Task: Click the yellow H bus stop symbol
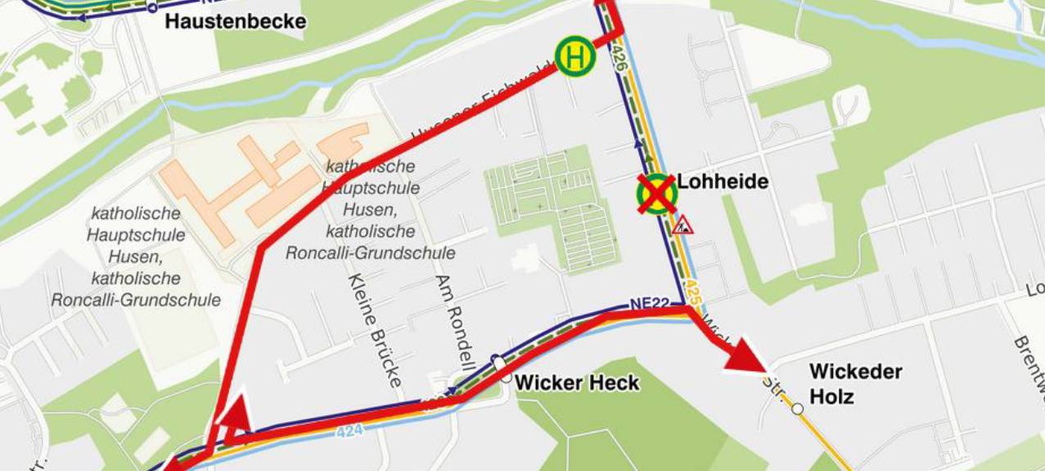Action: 575,57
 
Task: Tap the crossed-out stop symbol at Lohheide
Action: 657,194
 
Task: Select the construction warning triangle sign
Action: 682,224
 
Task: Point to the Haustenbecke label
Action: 236,21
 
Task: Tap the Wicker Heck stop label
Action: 577,383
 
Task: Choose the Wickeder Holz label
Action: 855,383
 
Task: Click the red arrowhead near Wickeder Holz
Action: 745,355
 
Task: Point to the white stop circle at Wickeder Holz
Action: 797,407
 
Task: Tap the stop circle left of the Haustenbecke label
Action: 151,7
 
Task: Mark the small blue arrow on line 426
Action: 637,144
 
